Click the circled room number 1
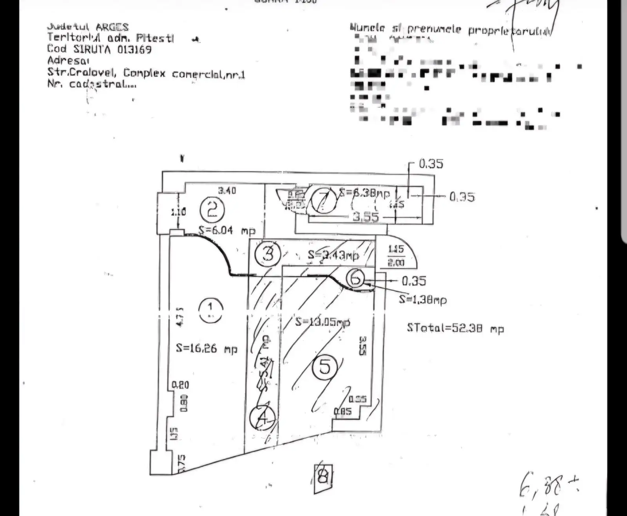pos(210,310)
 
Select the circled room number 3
pos(267,254)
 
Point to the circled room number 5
pos(325,367)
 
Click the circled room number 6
pos(356,278)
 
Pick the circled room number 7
pos(324,200)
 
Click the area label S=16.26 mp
pos(207,348)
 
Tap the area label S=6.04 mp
pos(227,230)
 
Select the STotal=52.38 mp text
pos(455,328)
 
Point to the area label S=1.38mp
pos(423,299)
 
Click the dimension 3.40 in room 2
pos(227,191)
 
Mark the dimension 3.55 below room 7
pos(366,217)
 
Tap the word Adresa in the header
pos(68,61)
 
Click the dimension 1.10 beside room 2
pos(178,212)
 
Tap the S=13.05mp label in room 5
pos(322,322)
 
